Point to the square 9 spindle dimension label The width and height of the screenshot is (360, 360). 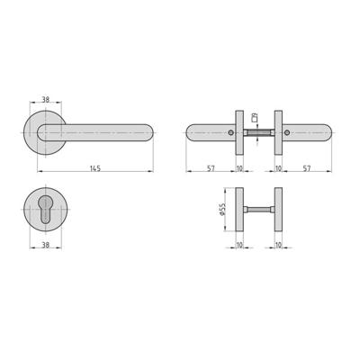(256, 118)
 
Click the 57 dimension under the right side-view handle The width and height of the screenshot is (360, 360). (307, 168)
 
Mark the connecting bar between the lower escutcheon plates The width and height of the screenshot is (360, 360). (259, 210)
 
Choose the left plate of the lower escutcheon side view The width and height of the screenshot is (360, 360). (240, 210)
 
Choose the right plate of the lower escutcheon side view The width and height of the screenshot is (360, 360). (278, 210)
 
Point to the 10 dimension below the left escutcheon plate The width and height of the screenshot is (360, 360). (239, 244)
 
